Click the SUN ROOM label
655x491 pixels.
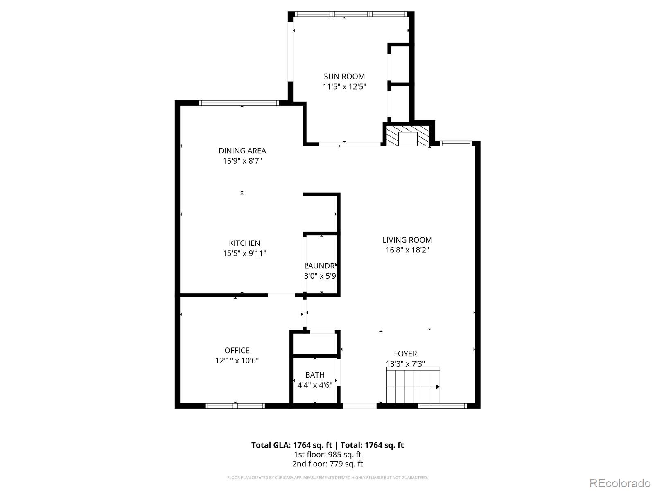click(344, 77)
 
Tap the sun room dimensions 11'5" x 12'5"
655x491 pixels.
click(344, 87)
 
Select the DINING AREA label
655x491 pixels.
click(242, 151)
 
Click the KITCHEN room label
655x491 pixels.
click(244, 243)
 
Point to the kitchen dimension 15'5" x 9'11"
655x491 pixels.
click(244, 254)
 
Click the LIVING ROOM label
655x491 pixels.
click(407, 240)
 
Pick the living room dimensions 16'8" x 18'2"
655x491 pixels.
click(407, 250)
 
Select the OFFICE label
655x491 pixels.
click(237, 351)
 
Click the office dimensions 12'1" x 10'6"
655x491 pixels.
click(237, 361)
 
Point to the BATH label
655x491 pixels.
click(315, 375)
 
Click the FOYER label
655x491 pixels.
click(405, 354)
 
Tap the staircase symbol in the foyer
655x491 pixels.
click(413, 385)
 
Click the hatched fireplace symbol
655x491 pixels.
click(407, 135)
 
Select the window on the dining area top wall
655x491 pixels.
click(239, 103)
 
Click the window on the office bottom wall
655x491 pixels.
click(235, 406)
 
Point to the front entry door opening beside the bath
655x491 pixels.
click(359, 406)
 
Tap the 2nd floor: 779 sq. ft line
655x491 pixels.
click(327, 464)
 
